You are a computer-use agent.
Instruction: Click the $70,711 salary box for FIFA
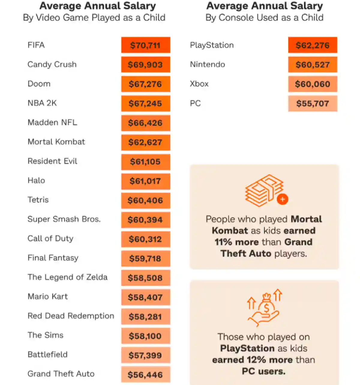[145, 45]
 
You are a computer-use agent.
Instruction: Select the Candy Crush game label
[52, 65]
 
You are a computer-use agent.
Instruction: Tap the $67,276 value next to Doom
[145, 84]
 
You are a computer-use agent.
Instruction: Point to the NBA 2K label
[42, 103]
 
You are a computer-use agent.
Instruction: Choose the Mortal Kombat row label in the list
[56, 142]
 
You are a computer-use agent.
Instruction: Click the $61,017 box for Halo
[145, 181]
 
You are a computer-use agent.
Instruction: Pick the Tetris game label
[38, 200]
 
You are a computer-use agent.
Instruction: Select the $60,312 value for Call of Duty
[145, 239]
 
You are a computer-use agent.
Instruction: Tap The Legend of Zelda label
[67, 277]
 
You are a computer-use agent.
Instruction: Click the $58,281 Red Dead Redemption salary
[145, 317]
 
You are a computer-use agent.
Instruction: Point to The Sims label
[45, 335]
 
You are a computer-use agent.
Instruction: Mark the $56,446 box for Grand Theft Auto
[145, 375]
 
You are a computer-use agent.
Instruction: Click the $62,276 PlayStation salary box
[313, 45]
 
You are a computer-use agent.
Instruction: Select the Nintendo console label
[207, 65]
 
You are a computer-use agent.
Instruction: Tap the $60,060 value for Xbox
[313, 84]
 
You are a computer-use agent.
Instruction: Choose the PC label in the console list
[195, 104]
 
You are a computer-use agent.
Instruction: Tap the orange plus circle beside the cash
[282, 199]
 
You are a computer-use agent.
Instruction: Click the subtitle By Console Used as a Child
[264, 18]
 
